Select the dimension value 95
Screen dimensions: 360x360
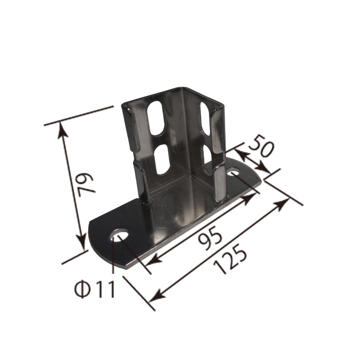pyautogui.click(x=211, y=239)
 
